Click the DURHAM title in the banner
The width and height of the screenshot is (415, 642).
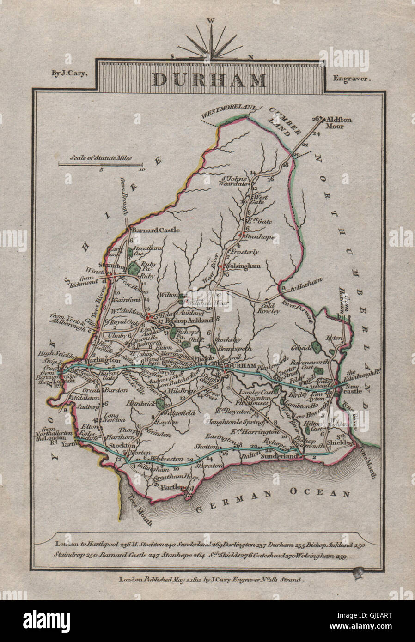coord(209,79)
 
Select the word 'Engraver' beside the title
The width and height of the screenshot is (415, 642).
coord(352,79)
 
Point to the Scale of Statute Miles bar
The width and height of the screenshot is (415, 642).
coord(101,163)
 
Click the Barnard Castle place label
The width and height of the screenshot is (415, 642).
coord(149,230)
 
